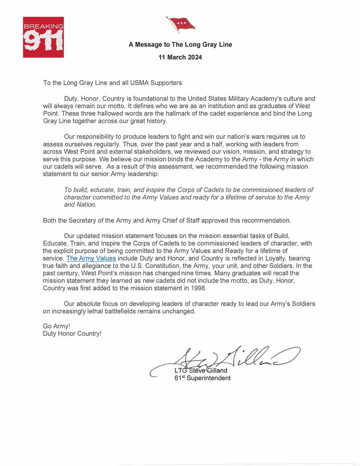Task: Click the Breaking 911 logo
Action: tap(43, 37)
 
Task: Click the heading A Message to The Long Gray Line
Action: tap(180, 45)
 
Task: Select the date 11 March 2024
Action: tap(180, 57)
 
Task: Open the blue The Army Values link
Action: tap(91, 258)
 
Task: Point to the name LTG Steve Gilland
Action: tap(201, 370)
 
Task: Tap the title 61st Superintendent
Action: tap(202, 377)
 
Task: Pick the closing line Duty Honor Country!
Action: tap(72, 333)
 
